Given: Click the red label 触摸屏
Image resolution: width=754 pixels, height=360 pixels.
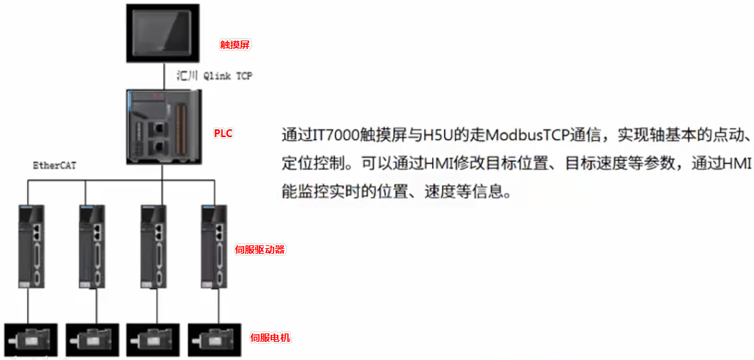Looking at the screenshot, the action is (235, 44).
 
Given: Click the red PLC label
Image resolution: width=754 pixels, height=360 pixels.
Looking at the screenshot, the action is (223, 133).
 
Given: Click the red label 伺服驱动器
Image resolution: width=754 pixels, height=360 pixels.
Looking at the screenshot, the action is (259, 250).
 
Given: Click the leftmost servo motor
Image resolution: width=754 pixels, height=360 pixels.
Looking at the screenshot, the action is (31, 338).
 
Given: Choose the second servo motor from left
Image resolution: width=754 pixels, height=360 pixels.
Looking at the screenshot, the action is (92, 338).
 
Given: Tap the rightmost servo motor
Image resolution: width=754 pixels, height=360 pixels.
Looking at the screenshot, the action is (214, 338).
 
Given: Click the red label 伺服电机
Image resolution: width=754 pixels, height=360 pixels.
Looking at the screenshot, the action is (270, 338).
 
